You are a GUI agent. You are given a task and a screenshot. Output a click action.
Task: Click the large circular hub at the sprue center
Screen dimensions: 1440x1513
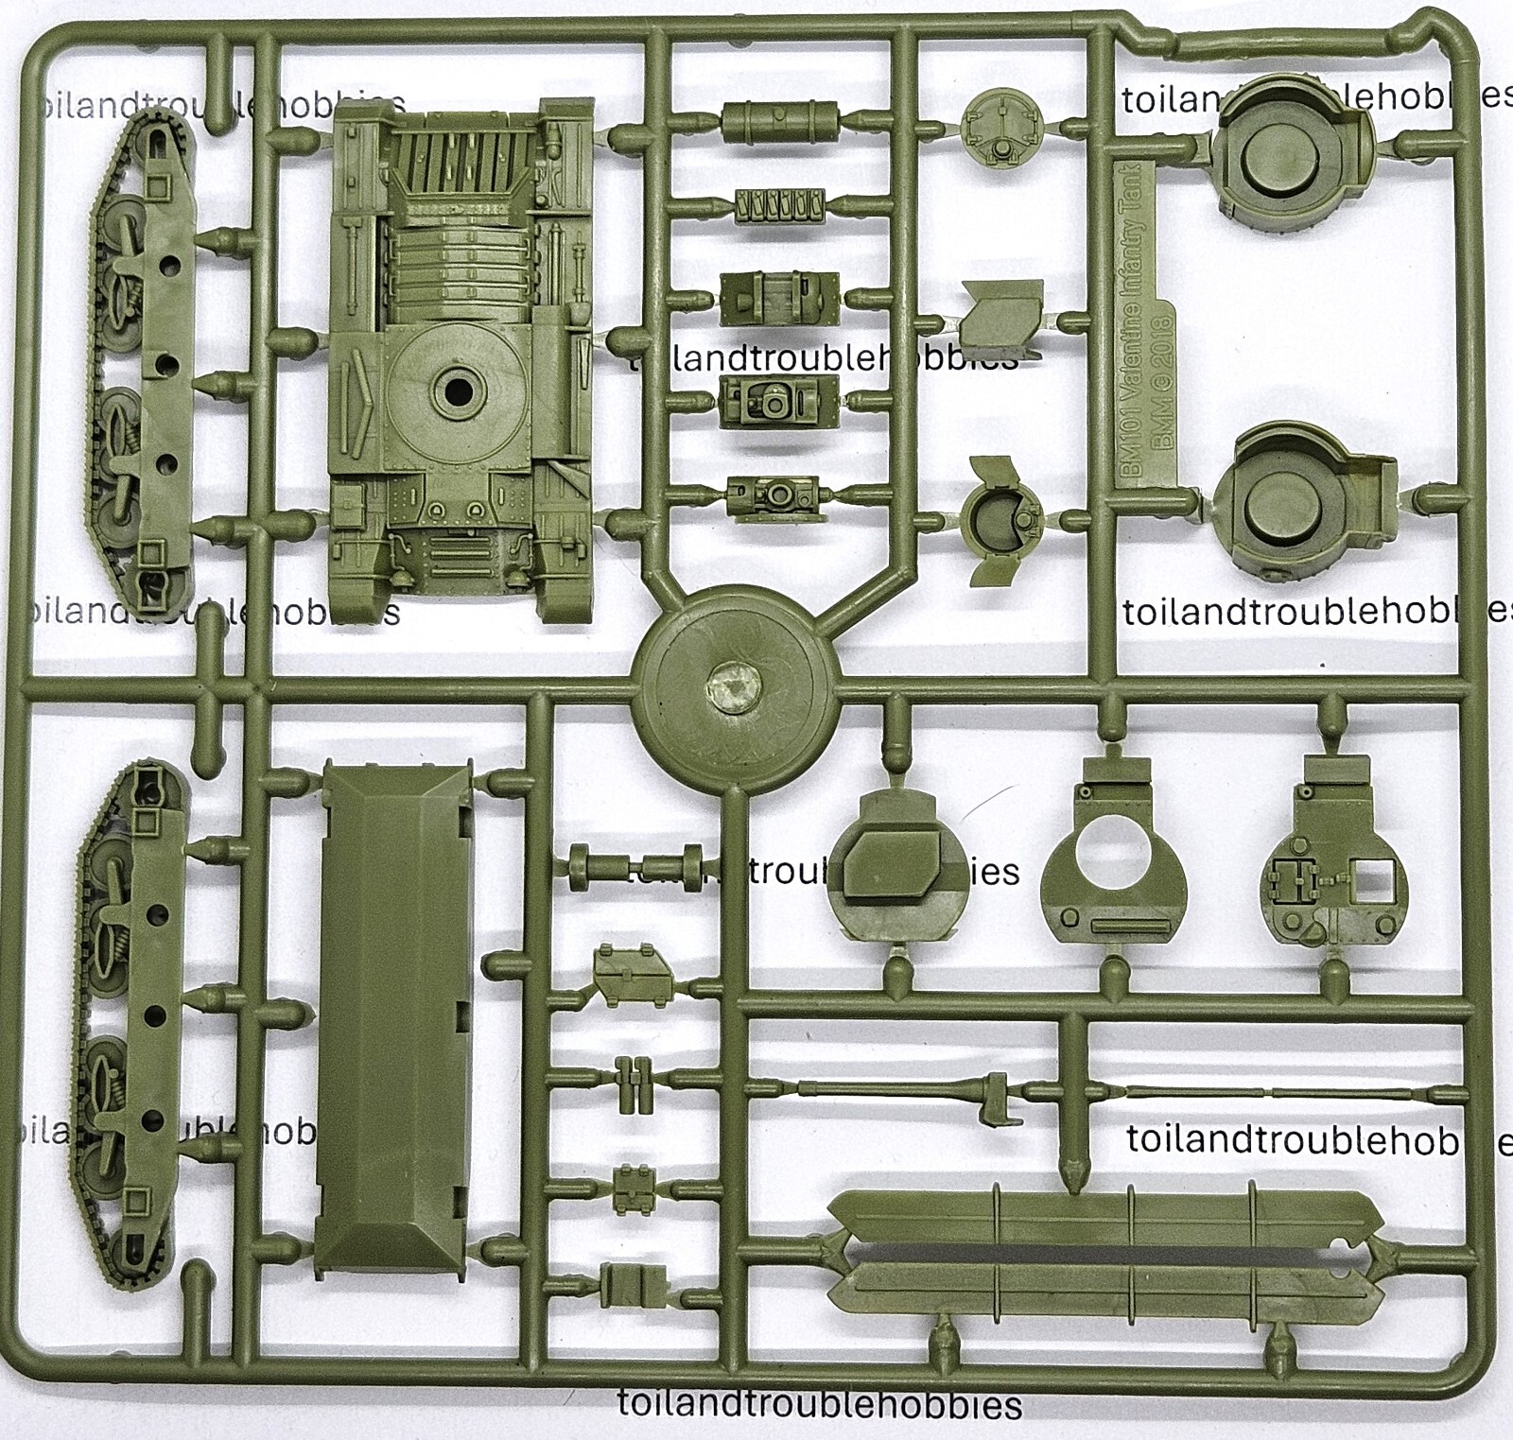click(735, 686)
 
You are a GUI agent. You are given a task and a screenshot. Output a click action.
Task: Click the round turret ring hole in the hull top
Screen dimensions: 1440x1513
click(456, 390)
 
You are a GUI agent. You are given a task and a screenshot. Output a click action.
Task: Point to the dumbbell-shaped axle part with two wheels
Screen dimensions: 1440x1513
click(635, 868)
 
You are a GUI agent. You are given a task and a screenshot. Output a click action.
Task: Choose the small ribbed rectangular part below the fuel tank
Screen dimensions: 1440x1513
click(780, 204)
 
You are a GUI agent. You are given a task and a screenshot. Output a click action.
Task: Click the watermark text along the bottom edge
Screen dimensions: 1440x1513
click(819, 1404)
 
